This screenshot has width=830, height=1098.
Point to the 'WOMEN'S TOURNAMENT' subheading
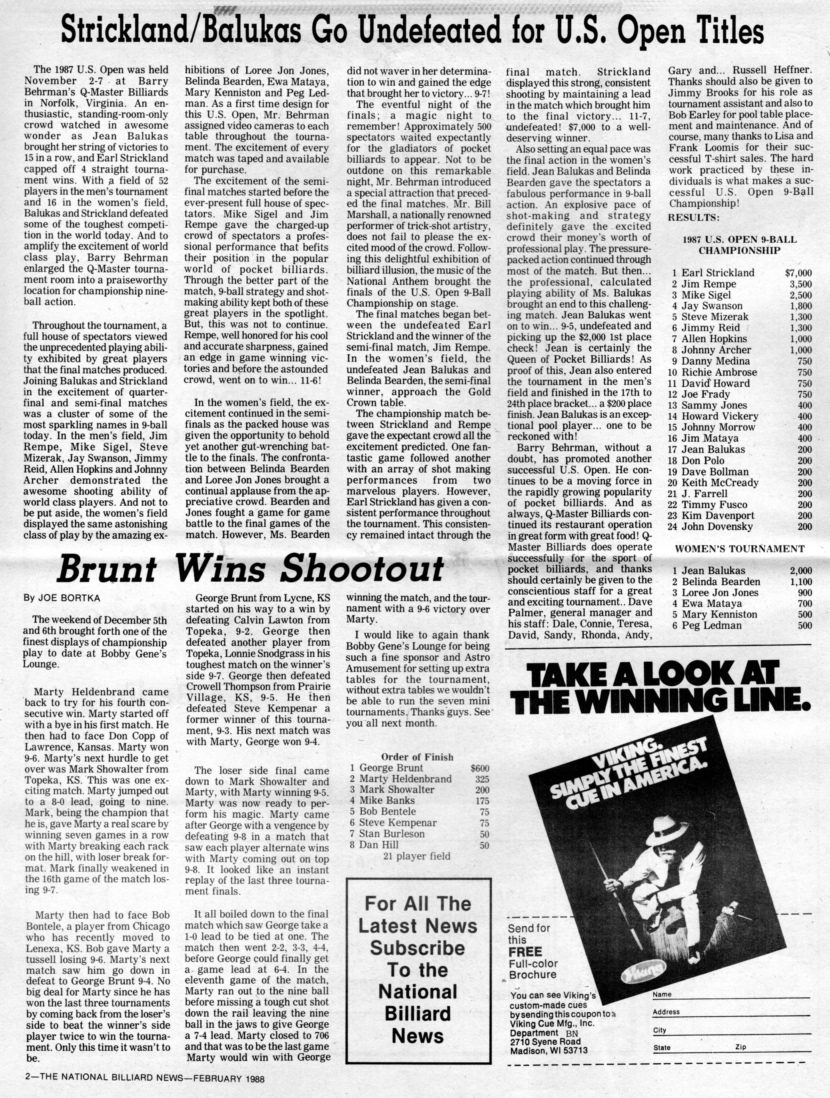pyautogui.click(x=740, y=548)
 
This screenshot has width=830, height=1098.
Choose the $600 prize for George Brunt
pyautogui.click(x=479, y=768)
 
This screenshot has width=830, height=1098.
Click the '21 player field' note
pyautogui.click(x=417, y=856)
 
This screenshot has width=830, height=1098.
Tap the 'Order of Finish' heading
pyautogui.click(x=417, y=756)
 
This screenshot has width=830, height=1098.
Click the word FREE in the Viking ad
pyautogui.click(x=525, y=952)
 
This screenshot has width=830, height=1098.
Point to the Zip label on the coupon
pyautogui.click(x=741, y=1047)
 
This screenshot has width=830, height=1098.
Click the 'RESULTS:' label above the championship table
pyautogui.click(x=693, y=218)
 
